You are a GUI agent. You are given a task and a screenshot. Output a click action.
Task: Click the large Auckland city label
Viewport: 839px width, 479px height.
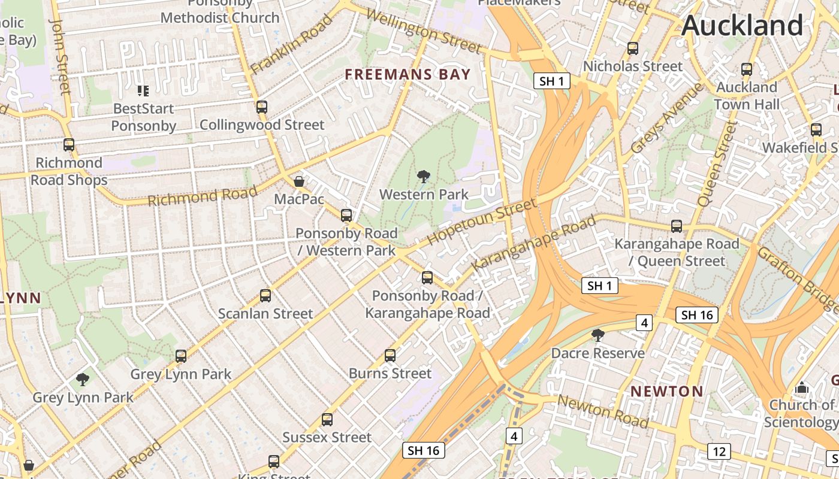(742, 25)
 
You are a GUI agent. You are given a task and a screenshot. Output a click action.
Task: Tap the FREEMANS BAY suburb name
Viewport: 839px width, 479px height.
(408, 74)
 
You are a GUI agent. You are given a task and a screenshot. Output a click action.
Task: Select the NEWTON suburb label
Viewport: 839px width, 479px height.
(666, 392)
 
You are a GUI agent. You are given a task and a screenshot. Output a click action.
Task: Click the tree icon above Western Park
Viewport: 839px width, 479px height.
(424, 176)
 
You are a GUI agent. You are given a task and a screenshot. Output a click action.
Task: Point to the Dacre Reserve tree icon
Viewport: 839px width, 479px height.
(597, 335)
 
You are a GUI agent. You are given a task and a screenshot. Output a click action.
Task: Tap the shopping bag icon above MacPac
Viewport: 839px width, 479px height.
(298, 181)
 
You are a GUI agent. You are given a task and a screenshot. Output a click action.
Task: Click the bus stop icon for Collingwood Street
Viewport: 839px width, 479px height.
(261, 107)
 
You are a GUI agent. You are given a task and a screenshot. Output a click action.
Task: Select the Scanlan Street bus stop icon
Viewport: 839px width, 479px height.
(265, 295)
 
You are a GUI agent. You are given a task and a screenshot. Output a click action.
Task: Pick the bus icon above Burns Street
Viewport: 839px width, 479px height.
(390, 355)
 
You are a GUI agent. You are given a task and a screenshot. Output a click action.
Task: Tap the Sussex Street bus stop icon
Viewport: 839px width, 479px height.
(327, 419)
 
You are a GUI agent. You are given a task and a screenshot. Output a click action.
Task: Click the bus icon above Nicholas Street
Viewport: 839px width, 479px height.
(632, 48)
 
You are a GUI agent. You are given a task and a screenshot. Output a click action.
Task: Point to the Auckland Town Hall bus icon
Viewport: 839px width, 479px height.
(746, 69)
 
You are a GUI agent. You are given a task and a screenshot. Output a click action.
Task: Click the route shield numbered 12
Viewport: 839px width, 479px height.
(718, 451)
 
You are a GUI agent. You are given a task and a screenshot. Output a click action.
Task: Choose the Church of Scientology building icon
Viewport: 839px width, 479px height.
(801, 388)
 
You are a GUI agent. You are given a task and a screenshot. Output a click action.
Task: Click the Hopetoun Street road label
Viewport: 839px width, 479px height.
(482, 222)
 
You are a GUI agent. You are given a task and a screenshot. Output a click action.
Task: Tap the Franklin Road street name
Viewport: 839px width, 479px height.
(291, 45)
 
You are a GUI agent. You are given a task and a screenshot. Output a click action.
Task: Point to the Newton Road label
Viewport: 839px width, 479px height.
(603, 411)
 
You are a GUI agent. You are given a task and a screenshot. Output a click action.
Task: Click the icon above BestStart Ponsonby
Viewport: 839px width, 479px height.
(143, 91)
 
